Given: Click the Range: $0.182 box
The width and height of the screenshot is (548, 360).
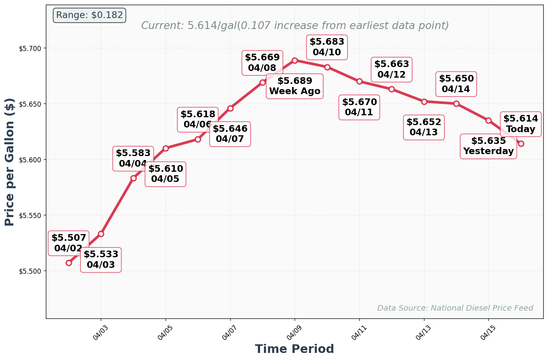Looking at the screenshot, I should [x=89, y=15].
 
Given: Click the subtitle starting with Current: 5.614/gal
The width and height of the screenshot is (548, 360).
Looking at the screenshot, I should [x=295, y=26].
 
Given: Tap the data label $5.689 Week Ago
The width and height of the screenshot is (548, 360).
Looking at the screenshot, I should [x=295, y=86].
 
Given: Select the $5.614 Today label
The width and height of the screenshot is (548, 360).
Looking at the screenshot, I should [x=521, y=124].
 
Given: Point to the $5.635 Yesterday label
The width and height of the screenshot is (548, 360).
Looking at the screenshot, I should [x=488, y=146].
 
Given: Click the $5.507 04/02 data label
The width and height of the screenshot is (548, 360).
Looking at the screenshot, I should [x=69, y=243].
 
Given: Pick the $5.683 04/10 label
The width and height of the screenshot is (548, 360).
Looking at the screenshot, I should [x=327, y=47].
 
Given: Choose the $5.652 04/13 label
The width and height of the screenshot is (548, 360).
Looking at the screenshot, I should [x=424, y=127].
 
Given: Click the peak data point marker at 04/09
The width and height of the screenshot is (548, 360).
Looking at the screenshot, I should [x=295, y=60].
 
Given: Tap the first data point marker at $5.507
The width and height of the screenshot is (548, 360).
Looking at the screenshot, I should [x=69, y=263].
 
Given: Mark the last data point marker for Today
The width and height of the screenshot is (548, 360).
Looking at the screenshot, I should [x=521, y=144].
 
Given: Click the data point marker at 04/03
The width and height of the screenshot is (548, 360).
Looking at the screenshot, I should [x=101, y=234].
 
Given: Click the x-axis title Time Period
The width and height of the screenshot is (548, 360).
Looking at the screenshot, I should [x=294, y=349].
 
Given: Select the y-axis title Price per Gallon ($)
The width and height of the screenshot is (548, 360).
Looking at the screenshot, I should [x=10, y=162].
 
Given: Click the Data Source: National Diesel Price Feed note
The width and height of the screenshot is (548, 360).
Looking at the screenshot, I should [x=455, y=308].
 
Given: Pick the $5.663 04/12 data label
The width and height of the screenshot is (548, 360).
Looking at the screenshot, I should [x=391, y=69].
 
